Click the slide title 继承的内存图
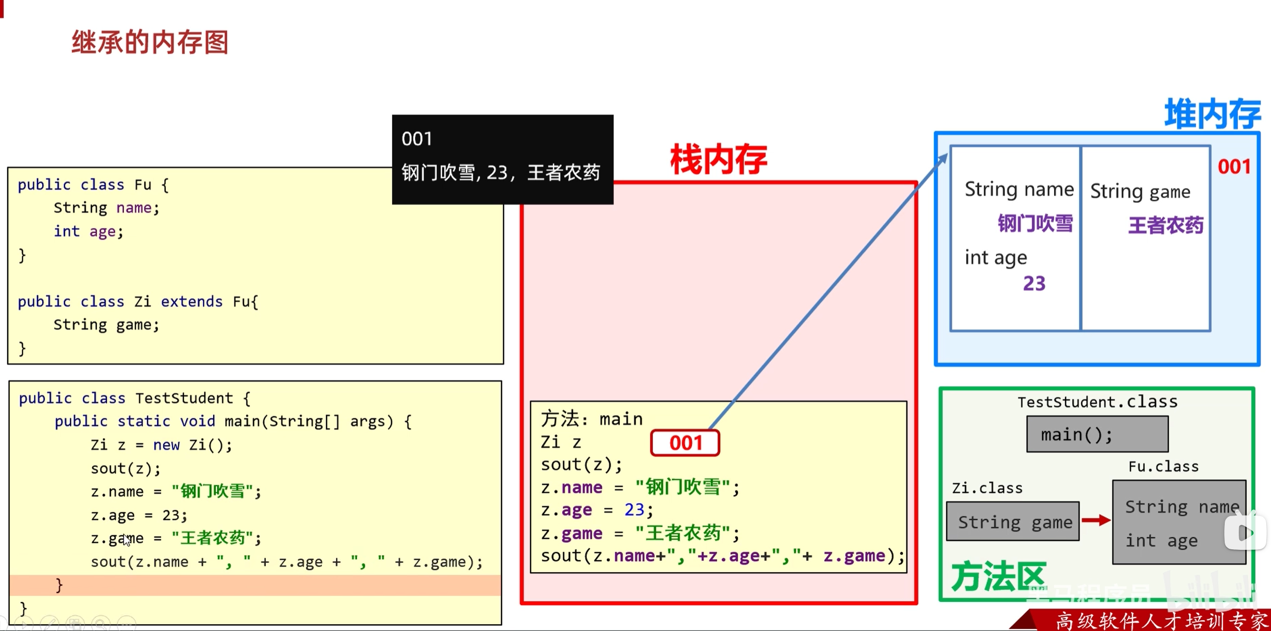coord(150,42)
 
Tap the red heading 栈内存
coord(718,160)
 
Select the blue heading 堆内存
coord(1212,113)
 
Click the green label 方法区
coord(997,576)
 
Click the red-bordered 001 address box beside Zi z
coord(685,443)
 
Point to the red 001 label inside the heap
coord(1234,167)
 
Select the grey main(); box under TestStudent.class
coord(1097,434)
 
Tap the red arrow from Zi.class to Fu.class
coord(1096,520)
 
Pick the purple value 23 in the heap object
coord(1034,284)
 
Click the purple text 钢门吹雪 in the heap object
coord(1035,224)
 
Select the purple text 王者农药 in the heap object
coord(1165,225)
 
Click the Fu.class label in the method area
coord(1163,467)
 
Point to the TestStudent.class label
coord(1097,402)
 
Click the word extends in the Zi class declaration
coord(191,302)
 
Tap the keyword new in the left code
coord(166,445)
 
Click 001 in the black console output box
coord(417,139)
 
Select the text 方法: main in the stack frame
coord(592,419)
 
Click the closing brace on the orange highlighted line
coord(59,585)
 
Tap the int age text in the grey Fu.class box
coord(1161,541)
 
